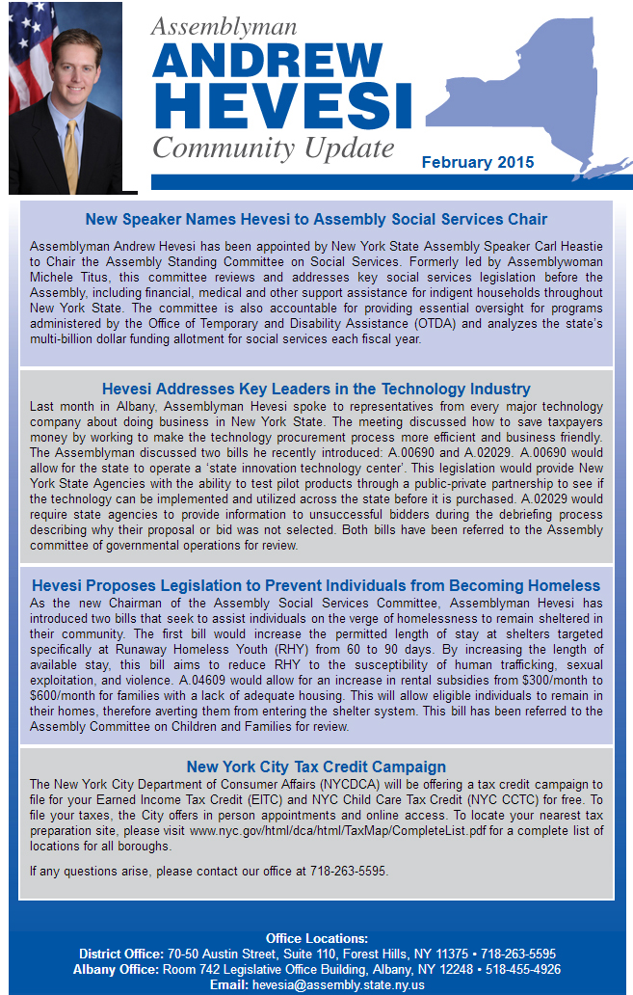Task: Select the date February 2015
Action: pyautogui.click(x=478, y=163)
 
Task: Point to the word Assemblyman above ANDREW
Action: pyautogui.click(x=224, y=27)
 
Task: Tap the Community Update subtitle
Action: pyautogui.click(x=274, y=148)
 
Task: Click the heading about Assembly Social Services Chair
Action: pyautogui.click(x=316, y=220)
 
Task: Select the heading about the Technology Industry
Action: pyautogui.click(x=316, y=389)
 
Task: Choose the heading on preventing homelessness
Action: pyautogui.click(x=316, y=585)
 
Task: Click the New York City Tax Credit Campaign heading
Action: pyautogui.click(x=316, y=766)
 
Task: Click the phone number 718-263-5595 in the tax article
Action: pyautogui.click(x=348, y=871)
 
